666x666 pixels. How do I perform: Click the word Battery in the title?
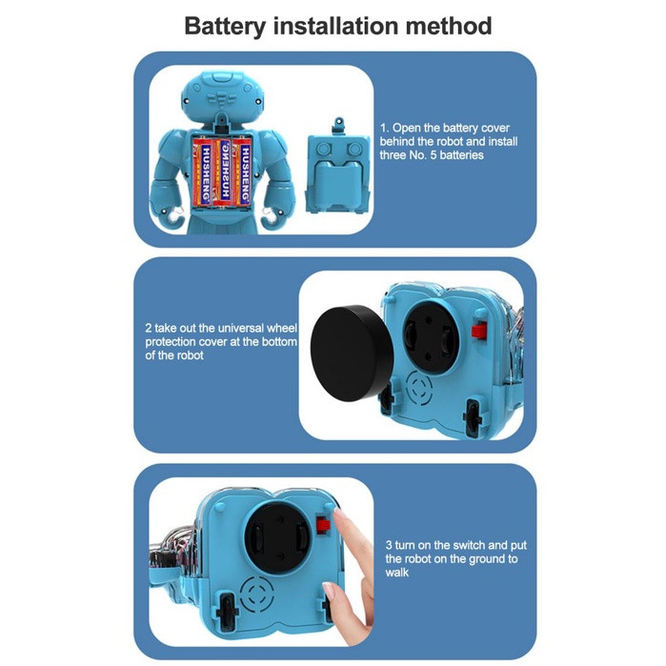(x=224, y=27)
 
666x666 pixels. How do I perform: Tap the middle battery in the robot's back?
(x=224, y=172)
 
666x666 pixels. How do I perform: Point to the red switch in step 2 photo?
(x=479, y=330)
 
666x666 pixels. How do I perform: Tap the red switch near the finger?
(x=324, y=524)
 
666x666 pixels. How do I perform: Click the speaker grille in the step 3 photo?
(x=256, y=594)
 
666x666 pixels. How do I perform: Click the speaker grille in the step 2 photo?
(x=420, y=388)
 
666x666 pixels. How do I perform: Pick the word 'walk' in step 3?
(x=396, y=572)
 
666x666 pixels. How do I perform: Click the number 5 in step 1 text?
(x=434, y=155)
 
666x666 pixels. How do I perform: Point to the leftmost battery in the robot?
(x=204, y=172)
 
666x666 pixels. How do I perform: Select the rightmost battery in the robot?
(x=242, y=172)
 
